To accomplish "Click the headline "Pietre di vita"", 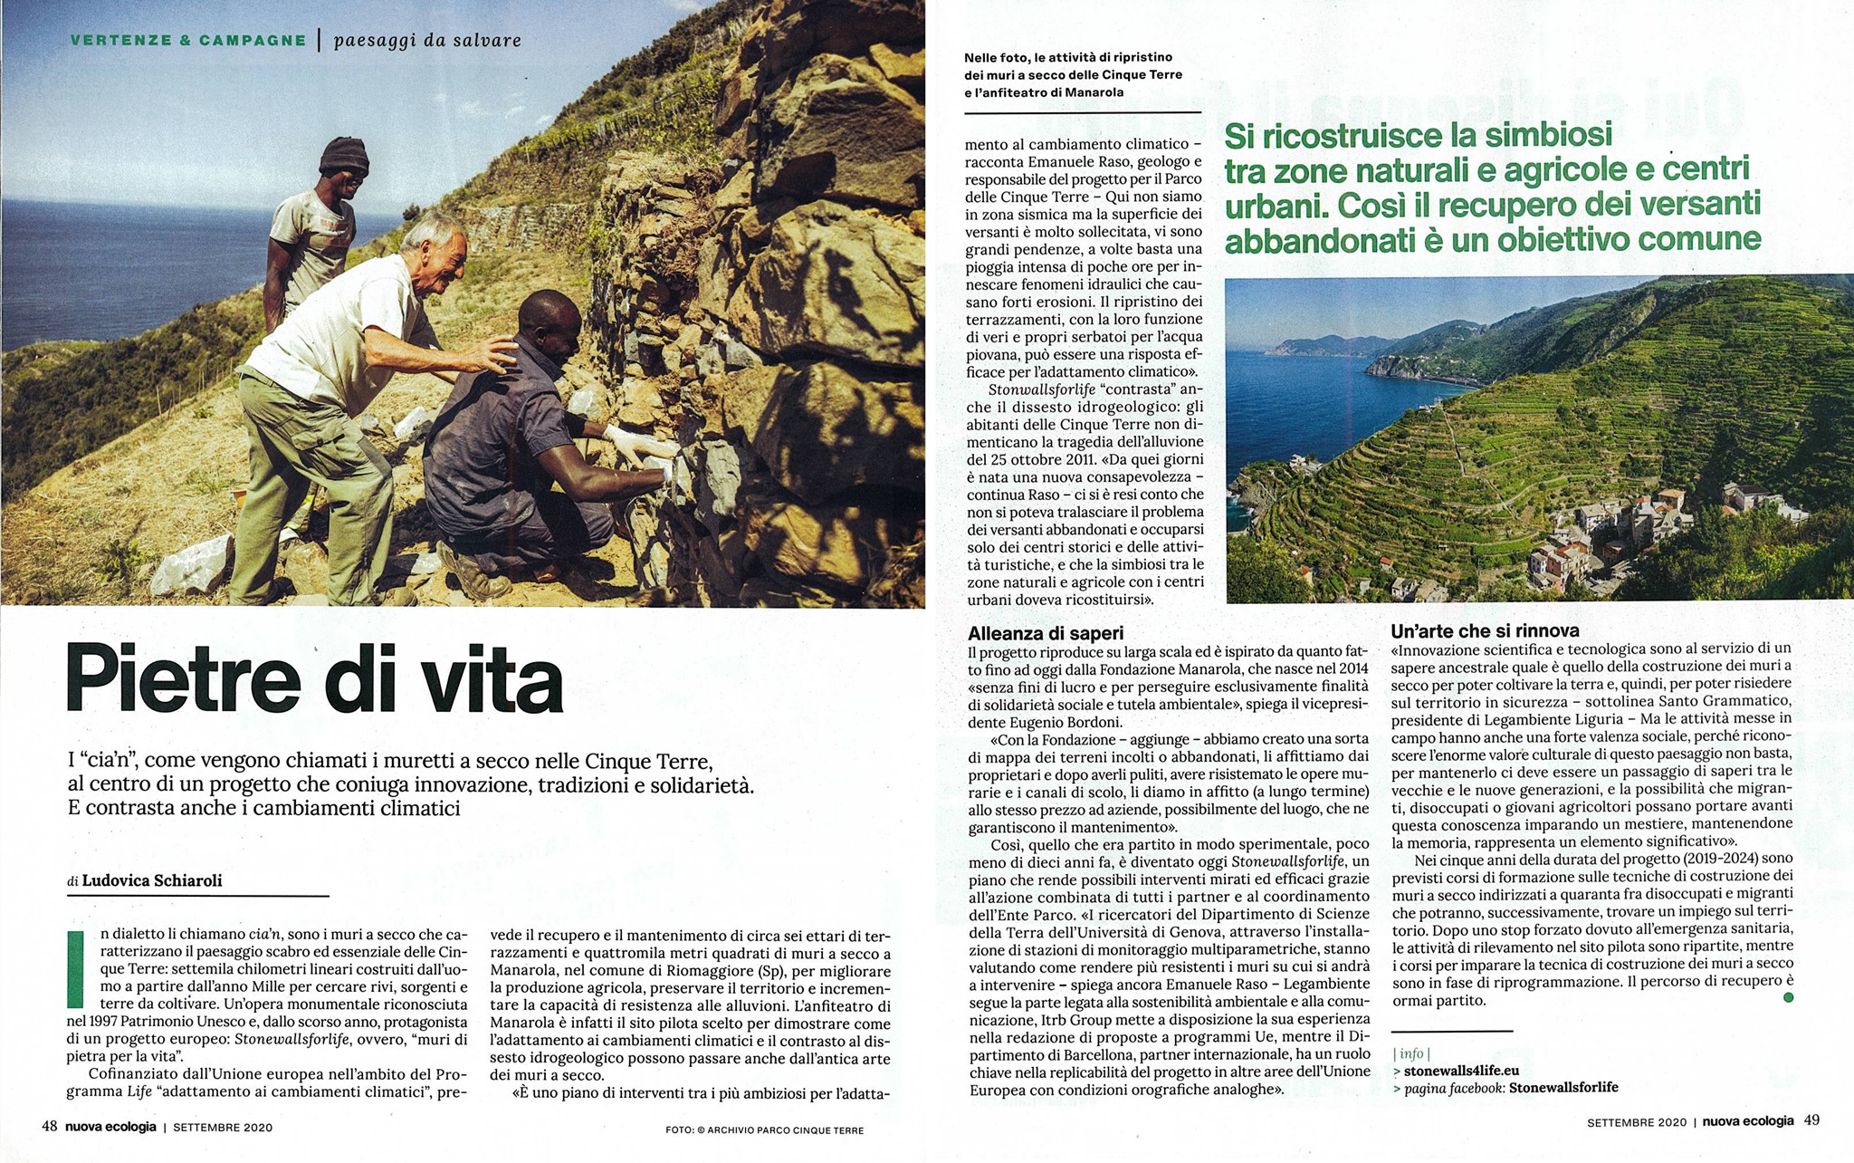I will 314,678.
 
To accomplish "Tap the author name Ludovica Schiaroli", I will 151,880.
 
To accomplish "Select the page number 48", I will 50,1128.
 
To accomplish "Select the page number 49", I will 1811,1120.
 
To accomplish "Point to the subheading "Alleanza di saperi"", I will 1045,633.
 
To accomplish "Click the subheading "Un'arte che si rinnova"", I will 1485,630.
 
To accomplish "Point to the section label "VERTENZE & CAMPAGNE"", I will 187,41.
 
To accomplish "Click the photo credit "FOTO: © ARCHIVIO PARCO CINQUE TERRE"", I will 764,1129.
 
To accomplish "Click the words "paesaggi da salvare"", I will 426,41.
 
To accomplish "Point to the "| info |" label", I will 1411,1053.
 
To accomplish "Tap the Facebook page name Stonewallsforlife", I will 1563,1087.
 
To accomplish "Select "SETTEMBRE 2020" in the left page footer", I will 223,1128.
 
